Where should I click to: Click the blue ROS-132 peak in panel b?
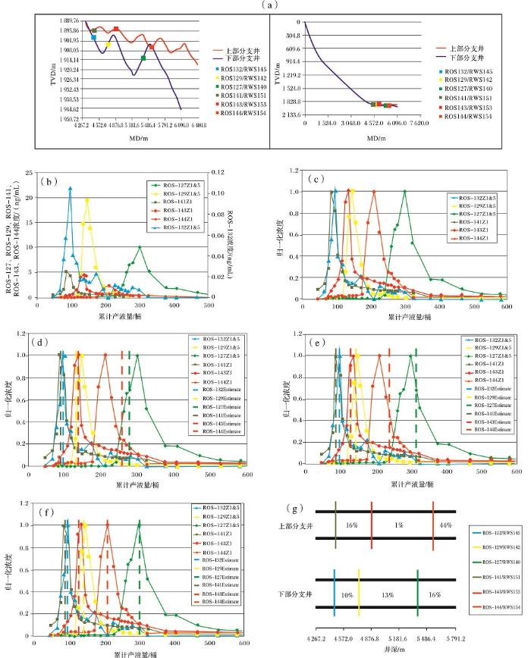(x=71, y=188)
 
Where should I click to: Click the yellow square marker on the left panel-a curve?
(x=108, y=45)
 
